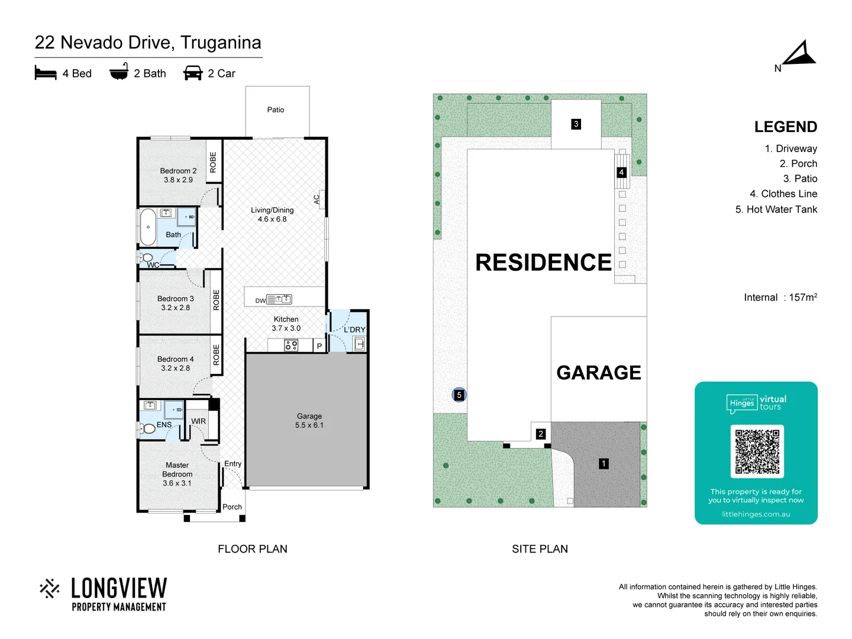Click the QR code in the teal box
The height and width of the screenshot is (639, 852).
point(757,451)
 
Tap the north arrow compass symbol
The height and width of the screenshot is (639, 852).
point(799,54)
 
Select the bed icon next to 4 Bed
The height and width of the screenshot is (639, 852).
point(46,73)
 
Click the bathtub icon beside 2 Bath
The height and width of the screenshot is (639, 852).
point(119,72)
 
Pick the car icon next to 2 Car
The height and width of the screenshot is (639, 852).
point(193,73)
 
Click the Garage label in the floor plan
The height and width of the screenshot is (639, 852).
point(309,421)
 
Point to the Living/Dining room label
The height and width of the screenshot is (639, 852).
point(272,214)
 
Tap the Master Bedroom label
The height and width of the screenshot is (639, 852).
point(177,474)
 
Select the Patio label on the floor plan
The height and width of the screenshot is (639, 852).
point(275,109)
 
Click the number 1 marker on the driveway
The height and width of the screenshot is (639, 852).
point(603,464)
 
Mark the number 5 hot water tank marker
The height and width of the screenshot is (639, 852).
point(459,395)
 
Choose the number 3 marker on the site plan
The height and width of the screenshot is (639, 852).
point(576,124)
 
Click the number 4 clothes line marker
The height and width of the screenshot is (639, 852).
point(621,172)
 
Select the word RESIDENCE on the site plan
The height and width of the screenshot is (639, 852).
point(543,262)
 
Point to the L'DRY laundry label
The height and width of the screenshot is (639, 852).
point(354,330)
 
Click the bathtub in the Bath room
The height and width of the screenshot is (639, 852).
point(148,227)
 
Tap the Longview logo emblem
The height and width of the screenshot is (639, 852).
point(50,589)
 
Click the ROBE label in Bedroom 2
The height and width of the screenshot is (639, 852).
point(213,162)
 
